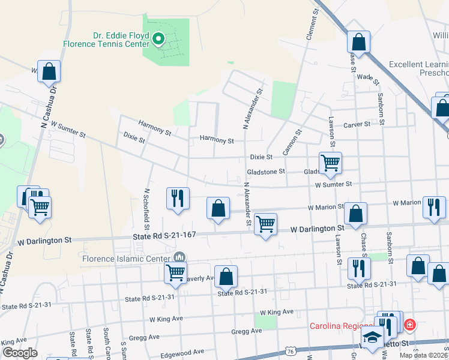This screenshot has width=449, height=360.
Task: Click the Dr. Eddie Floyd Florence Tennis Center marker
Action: click(x=159, y=40)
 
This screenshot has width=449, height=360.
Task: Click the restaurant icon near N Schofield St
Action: click(x=178, y=198)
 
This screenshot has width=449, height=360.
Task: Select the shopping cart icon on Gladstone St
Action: click(x=330, y=163)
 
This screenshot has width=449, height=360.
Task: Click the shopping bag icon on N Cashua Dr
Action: click(x=49, y=71)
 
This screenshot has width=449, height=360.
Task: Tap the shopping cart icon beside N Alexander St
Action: click(x=265, y=224)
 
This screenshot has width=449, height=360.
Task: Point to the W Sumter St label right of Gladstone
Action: click(x=333, y=185)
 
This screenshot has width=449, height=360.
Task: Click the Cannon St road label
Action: click(x=291, y=142)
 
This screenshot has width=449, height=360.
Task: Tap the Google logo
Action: click(x=20, y=353)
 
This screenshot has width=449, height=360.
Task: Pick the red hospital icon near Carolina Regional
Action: click(x=409, y=326)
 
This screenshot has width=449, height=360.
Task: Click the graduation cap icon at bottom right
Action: click(x=373, y=337)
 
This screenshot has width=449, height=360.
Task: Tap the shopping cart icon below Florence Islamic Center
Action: click(x=175, y=272)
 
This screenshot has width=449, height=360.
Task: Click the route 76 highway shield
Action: click(x=290, y=350)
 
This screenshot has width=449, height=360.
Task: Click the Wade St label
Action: click(x=367, y=77)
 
